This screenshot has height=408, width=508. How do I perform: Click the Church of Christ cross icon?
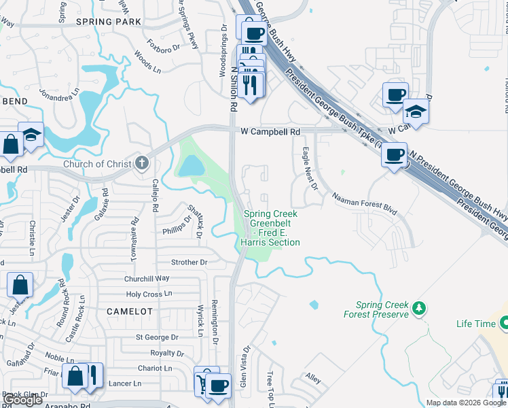point(141,163)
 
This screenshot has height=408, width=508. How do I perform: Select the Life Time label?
point(475,324)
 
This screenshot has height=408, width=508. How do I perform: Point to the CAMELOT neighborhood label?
point(130,310)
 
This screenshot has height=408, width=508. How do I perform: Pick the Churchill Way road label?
point(147,278)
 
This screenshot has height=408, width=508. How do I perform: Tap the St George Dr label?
point(156,337)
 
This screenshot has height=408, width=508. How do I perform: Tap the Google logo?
point(23,400)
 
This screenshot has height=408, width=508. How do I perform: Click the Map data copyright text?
point(466,403)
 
